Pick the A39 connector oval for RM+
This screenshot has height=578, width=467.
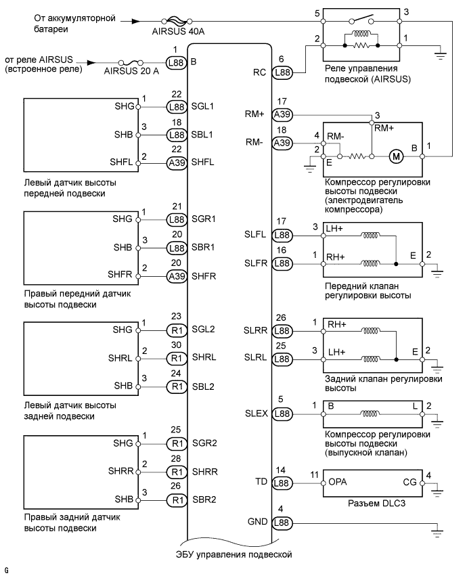(x=283, y=115)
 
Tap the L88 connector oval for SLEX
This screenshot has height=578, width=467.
(x=283, y=413)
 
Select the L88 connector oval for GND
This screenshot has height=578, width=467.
(x=283, y=523)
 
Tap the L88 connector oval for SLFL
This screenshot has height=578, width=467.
(x=283, y=236)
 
